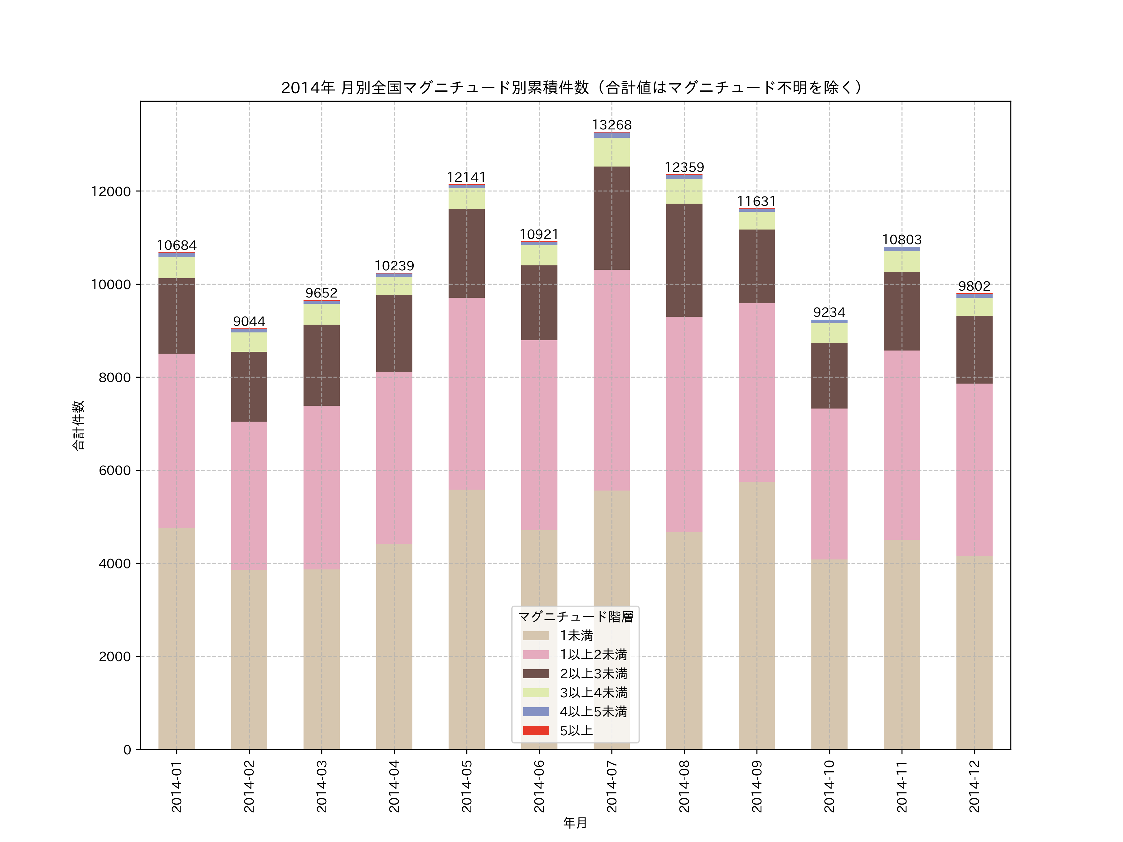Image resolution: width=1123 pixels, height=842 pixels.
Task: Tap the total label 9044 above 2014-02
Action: tap(249, 321)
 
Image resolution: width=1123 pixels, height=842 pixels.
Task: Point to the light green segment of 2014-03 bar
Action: tap(321, 314)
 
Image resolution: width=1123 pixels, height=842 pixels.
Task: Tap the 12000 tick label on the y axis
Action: tap(111, 192)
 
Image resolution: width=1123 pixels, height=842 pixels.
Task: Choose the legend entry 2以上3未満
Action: tap(593, 674)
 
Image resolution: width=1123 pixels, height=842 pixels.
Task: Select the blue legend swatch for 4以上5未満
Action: tap(536, 712)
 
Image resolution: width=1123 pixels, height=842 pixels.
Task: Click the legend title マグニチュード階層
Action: tap(575, 617)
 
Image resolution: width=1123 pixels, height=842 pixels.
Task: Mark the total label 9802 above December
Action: tap(974, 286)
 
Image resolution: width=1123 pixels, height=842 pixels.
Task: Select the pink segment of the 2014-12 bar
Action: tap(974, 469)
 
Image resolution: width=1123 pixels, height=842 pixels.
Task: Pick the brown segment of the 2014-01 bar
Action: tap(176, 316)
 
